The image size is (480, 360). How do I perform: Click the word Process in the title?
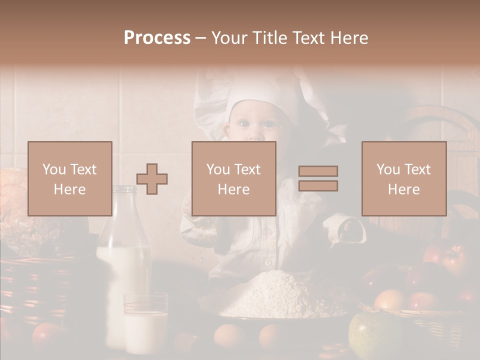(x=157, y=38)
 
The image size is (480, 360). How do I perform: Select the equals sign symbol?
(x=318, y=178)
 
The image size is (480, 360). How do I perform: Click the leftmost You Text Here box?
(x=70, y=178)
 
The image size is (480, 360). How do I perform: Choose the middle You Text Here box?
(x=234, y=178)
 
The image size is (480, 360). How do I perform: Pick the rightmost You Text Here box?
(x=404, y=178)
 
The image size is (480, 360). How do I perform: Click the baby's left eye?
(x=269, y=123)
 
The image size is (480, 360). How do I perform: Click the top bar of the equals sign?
(x=318, y=171)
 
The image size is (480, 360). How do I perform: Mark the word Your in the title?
(x=227, y=38)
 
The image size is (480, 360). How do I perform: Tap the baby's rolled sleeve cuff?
(x=345, y=227)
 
